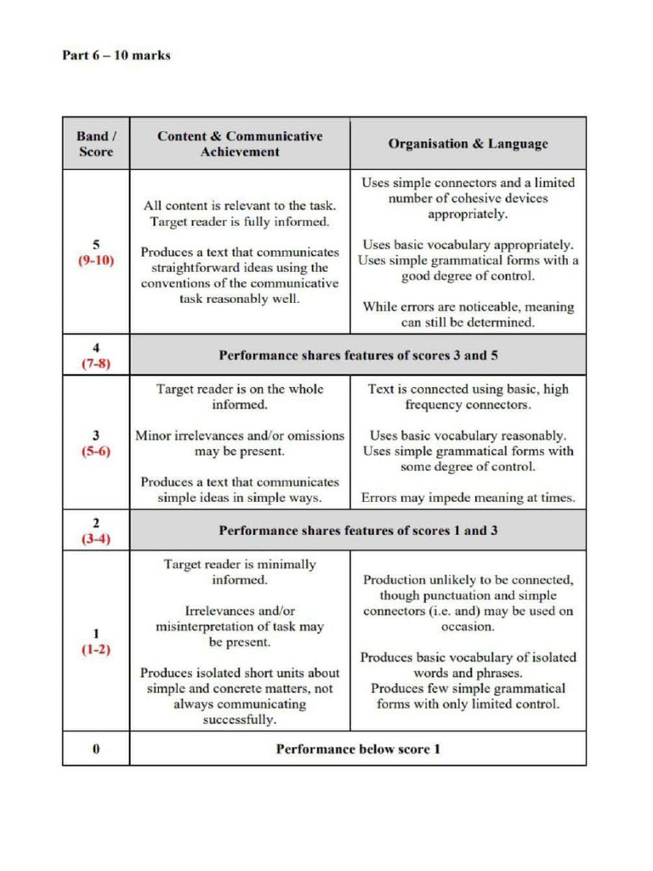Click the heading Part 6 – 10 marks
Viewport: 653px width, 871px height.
[x=116, y=55]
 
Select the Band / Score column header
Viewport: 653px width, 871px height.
[x=95, y=144]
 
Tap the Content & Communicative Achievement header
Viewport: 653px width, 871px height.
[x=240, y=144]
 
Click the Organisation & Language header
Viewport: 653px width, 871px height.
[x=468, y=145]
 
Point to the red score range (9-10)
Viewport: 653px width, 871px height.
[x=96, y=260]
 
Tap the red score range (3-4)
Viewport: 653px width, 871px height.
[x=96, y=538]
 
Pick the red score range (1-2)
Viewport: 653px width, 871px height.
[x=96, y=647]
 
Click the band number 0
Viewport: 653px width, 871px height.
[x=96, y=749]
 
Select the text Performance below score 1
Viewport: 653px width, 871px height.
[x=358, y=749]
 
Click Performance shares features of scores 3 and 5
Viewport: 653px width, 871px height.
[x=358, y=355]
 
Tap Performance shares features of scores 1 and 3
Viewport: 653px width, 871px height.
[x=358, y=531]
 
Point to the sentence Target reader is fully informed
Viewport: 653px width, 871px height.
[x=240, y=223]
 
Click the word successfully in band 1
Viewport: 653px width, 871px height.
[x=240, y=720]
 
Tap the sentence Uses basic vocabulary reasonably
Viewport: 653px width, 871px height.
[x=468, y=435]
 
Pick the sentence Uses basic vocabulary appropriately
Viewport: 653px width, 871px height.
[x=468, y=244]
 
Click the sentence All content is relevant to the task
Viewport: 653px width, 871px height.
[x=240, y=206]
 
